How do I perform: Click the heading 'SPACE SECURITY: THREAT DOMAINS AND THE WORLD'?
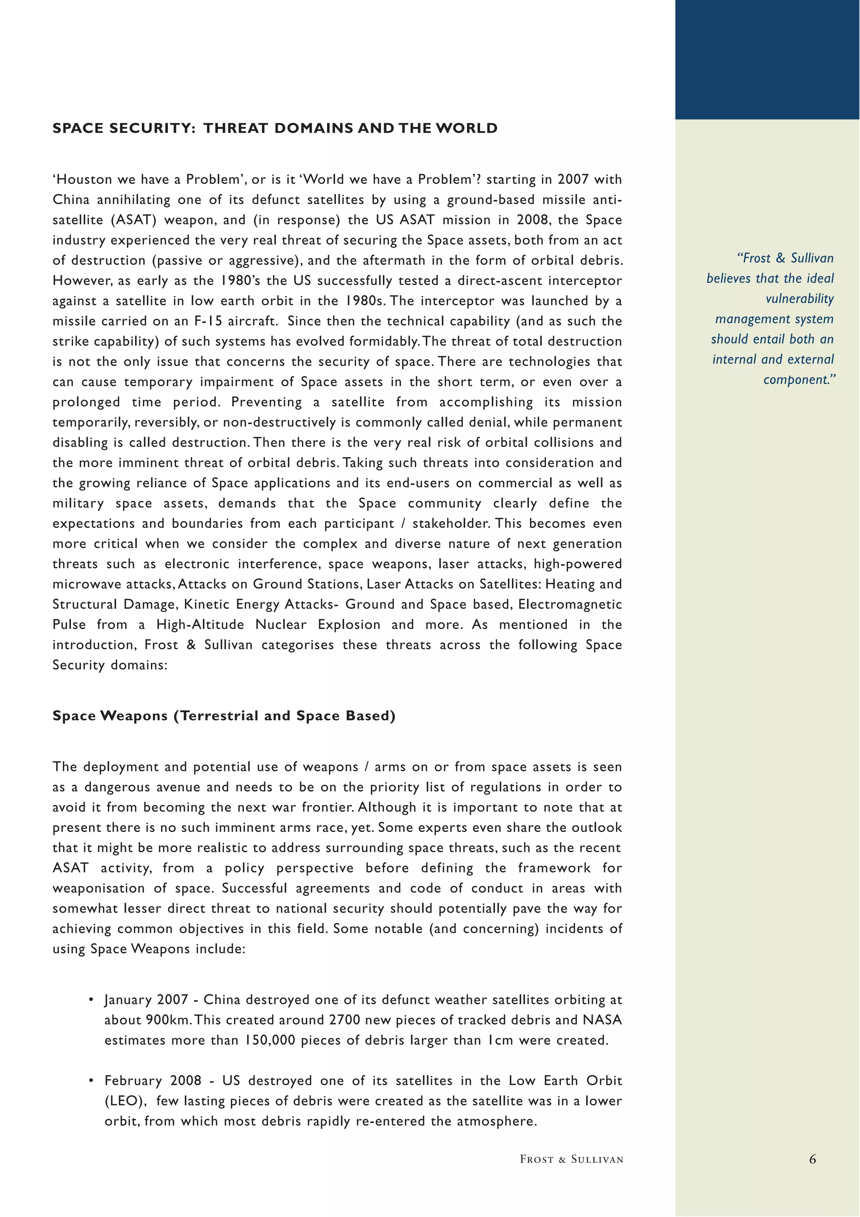point(275,128)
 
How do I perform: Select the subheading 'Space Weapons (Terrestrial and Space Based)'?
point(224,716)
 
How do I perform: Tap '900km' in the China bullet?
point(164,1020)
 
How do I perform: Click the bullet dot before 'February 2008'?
point(91,1080)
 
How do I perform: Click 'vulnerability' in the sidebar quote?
point(799,299)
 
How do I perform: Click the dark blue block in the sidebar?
point(767,59)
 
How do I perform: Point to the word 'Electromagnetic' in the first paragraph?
point(570,604)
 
